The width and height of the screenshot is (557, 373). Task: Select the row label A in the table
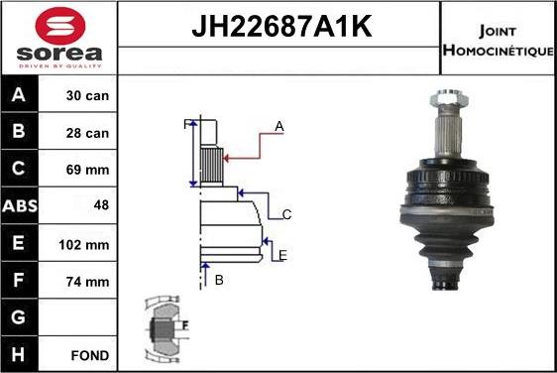(x=20, y=96)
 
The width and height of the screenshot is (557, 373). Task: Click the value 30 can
(x=88, y=96)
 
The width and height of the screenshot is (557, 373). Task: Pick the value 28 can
(x=88, y=133)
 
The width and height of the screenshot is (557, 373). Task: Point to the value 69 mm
(x=88, y=170)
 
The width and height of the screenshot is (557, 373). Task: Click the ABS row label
(x=20, y=206)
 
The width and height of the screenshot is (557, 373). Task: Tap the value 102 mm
(x=86, y=244)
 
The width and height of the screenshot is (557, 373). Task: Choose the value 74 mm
(x=88, y=281)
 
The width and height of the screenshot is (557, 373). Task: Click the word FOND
(x=90, y=354)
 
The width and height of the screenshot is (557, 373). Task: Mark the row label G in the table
(x=20, y=317)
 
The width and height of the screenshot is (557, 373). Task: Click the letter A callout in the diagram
(x=279, y=126)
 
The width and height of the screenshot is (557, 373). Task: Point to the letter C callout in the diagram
(x=286, y=214)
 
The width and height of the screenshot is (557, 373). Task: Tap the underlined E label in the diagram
(x=282, y=256)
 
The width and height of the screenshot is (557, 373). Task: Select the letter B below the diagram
(x=219, y=281)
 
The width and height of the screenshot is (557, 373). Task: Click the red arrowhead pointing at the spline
(x=226, y=155)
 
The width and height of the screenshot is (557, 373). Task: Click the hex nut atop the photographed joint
(x=443, y=100)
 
